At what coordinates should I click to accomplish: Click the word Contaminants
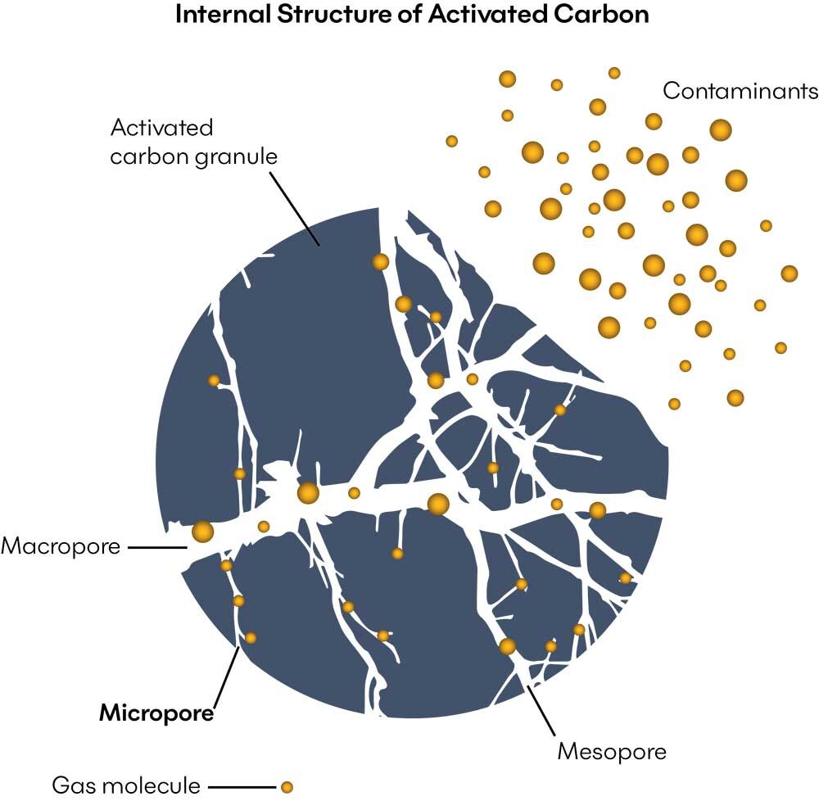(740, 91)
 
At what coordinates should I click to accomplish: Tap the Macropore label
(61, 546)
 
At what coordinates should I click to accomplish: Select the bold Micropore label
(156, 713)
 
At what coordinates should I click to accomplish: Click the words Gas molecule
(125, 786)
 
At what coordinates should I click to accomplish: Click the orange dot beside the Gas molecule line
(286, 787)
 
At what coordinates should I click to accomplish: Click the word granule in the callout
(237, 156)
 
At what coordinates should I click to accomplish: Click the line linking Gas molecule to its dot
(242, 787)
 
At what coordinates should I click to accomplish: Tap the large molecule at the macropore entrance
(202, 532)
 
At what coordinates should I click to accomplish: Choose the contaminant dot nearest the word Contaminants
(720, 129)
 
